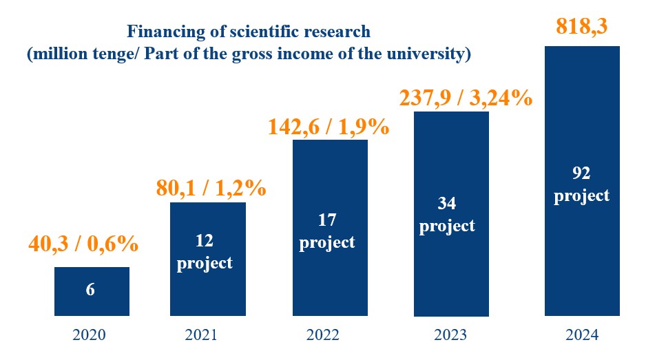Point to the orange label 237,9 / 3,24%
pyautogui.click(x=466, y=98)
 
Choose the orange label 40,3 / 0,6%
pyautogui.click(x=84, y=244)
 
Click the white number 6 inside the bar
pyautogui.click(x=90, y=289)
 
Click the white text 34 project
pyautogui.click(x=448, y=215)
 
